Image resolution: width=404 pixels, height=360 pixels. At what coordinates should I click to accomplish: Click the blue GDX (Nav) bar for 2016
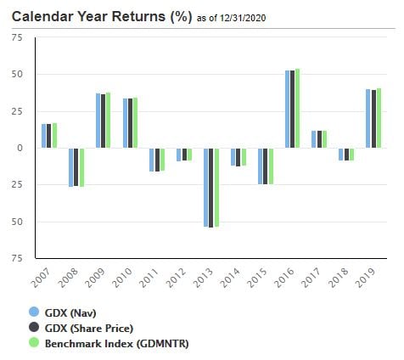287,110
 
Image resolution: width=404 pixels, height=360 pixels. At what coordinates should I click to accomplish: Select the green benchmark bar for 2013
216,187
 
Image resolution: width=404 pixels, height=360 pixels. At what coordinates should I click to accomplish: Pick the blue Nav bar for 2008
71,167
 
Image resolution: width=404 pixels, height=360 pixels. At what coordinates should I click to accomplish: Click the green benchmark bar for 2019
378,118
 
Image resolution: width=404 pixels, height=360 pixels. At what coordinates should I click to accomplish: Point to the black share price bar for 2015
266,166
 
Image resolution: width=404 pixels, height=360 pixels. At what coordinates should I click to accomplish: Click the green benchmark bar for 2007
54,136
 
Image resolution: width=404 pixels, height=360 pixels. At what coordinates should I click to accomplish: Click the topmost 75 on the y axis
17,38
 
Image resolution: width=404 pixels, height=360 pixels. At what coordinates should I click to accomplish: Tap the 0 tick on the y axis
20,149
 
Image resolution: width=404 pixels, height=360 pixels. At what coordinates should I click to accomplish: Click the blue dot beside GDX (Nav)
35,312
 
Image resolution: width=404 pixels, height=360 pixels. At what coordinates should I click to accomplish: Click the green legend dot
35,343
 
